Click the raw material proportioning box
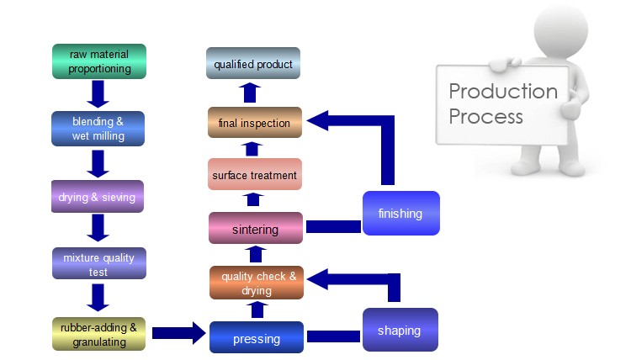coord(99,61)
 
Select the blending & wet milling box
coord(98,129)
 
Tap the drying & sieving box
coord(98,196)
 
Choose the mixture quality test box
coord(99,263)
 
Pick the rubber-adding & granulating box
coord(99,334)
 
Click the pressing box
coord(257,337)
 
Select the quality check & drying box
coord(257,283)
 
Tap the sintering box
coord(256,228)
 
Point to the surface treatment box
coord(255,174)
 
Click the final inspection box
coord(255,122)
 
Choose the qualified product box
coord(253,63)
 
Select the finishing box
coord(401,213)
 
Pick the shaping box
coord(400,330)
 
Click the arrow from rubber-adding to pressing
coord(179,333)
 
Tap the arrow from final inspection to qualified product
coord(250,93)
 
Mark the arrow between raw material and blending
coord(98,94)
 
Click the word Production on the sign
coord(503,92)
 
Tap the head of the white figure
coord(561,30)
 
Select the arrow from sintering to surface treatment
coord(253,199)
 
